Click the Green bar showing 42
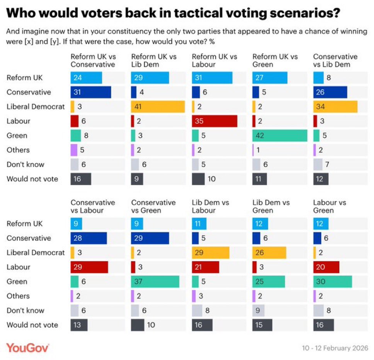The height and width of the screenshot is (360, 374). click(x=280, y=135)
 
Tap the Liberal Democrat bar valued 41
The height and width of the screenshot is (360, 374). click(x=158, y=106)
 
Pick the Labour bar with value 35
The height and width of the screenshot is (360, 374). click(x=214, y=121)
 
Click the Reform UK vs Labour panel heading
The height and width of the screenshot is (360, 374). click(x=214, y=60)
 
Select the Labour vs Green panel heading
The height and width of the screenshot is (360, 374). click(x=330, y=206)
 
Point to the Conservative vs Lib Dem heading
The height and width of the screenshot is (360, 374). click(x=335, y=60)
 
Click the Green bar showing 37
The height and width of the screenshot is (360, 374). click(x=155, y=282)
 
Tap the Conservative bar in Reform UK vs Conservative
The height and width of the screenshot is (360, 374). click(x=91, y=92)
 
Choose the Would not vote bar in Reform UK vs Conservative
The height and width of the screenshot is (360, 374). click(x=81, y=179)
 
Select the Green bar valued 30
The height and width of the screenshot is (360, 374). click(x=333, y=282)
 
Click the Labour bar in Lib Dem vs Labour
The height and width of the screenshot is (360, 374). click(x=206, y=267)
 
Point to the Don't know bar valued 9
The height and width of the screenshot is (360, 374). click(x=258, y=310)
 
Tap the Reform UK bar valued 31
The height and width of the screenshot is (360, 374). click(x=212, y=78)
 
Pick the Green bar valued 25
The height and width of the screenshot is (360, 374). click(x=269, y=282)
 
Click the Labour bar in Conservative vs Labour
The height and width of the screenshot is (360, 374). click(x=89, y=267)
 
